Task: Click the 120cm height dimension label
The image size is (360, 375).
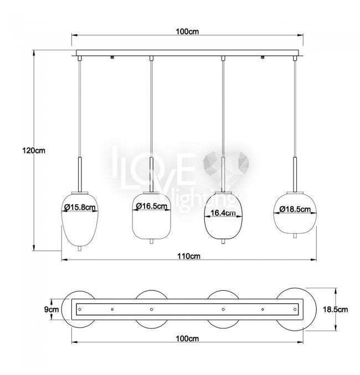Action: [x=34, y=151]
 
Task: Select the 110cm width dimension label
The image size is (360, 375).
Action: [x=189, y=256]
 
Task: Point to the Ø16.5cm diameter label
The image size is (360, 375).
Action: [x=152, y=206]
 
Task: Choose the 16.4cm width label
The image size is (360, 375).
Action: [x=223, y=213]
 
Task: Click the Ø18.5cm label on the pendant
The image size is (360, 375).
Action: [x=295, y=209]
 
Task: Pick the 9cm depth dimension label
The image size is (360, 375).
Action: [x=52, y=310]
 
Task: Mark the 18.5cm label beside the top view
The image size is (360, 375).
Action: [x=336, y=310]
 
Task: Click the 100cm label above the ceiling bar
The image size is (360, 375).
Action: [x=187, y=32]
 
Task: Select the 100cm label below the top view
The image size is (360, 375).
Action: [x=187, y=338]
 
